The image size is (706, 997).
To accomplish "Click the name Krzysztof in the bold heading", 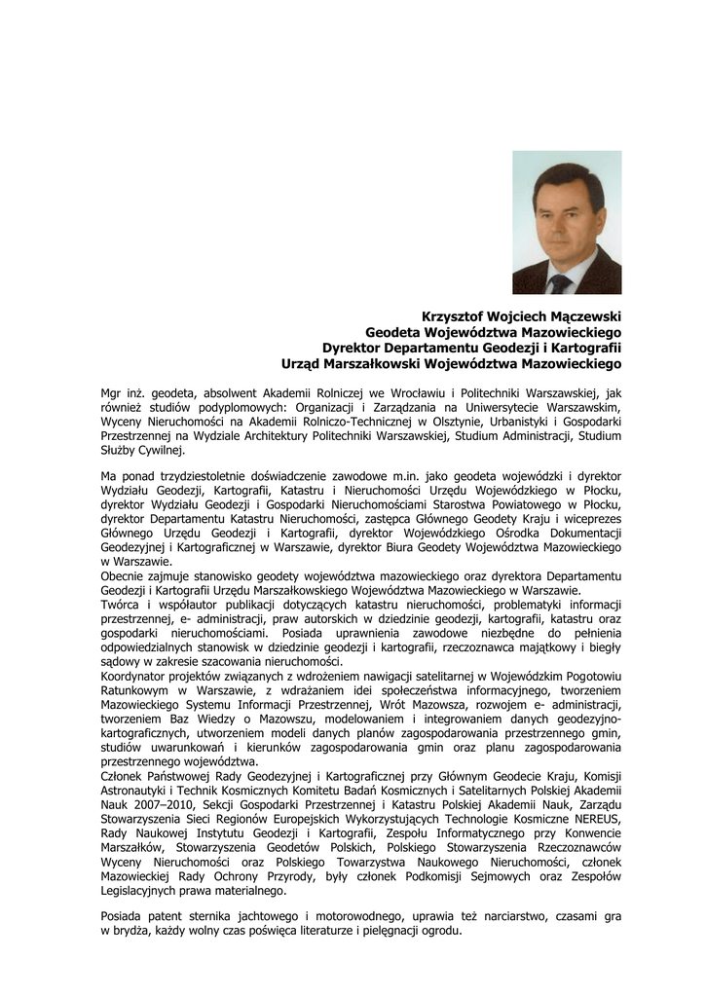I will point(453,316).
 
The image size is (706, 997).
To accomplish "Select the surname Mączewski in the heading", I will point(583,316).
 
